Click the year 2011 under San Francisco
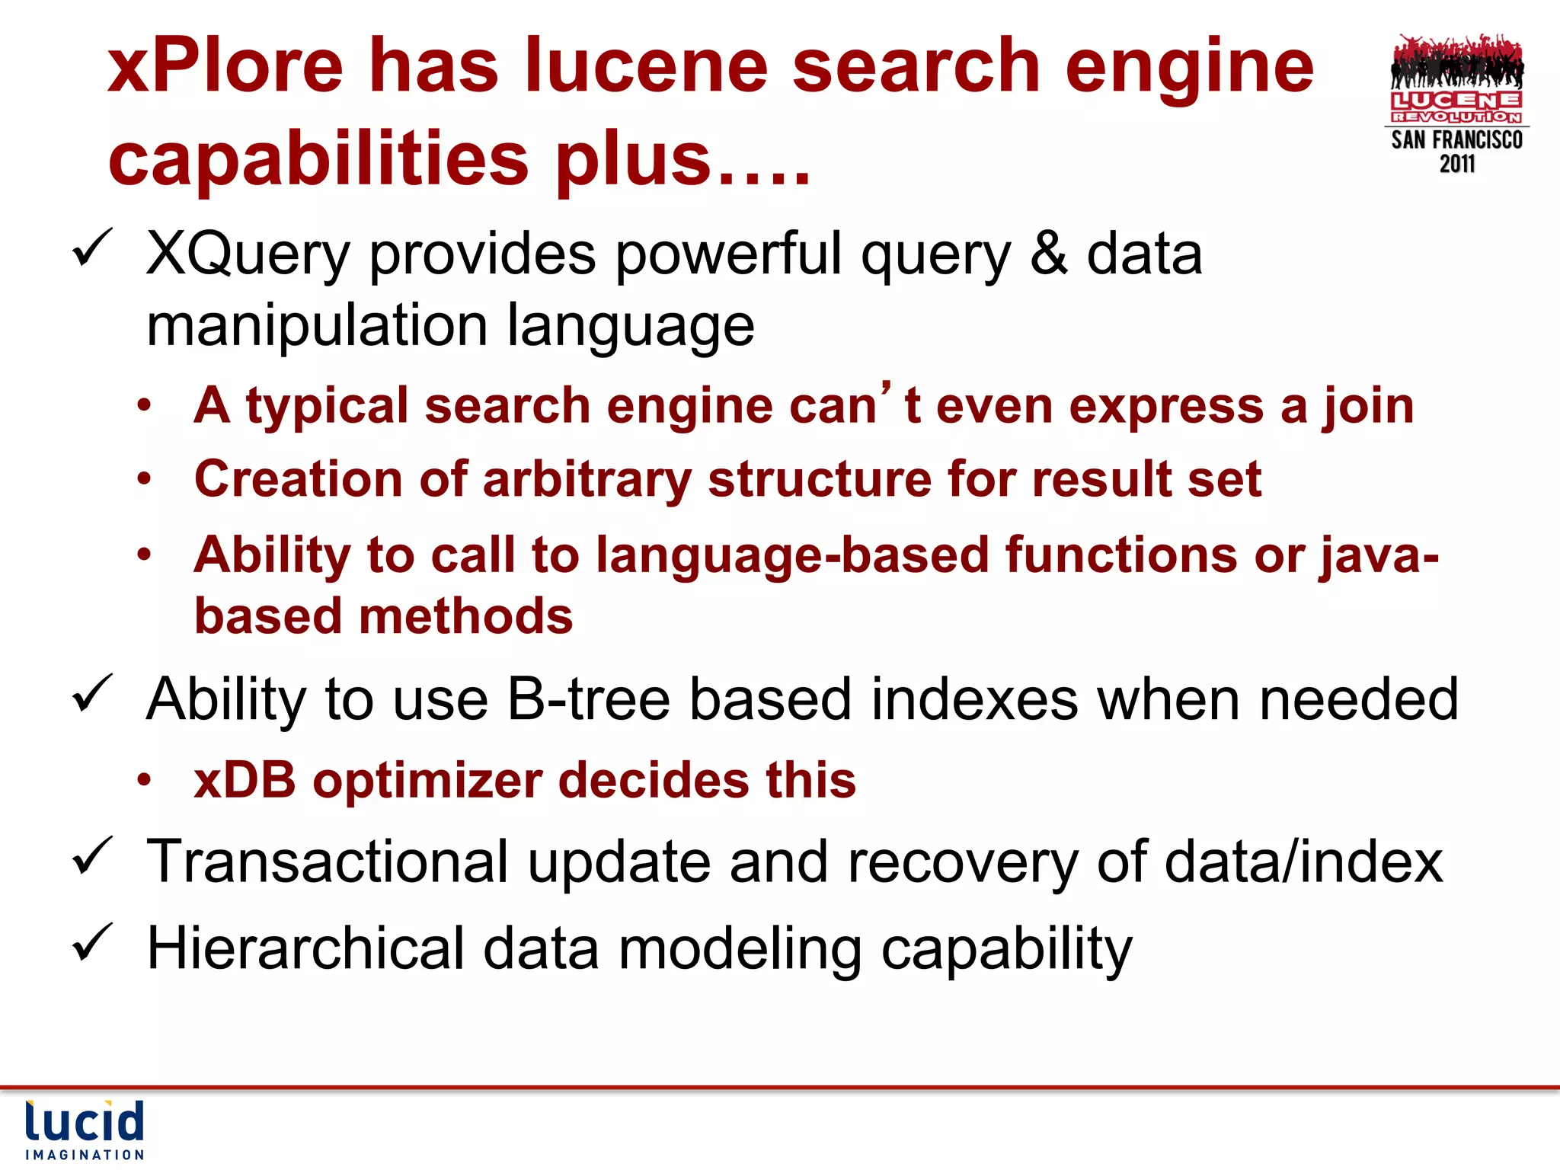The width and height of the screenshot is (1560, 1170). (1456, 164)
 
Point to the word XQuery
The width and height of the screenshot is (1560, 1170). (248, 255)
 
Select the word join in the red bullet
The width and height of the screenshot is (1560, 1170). (1367, 407)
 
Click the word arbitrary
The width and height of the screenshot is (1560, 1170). (587, 480)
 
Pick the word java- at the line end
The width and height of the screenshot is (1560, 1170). (1379, 555)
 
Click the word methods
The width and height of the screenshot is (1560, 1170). (465, 615)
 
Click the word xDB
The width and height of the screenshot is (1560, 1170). (245, 781)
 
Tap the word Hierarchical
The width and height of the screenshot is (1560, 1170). (305, 949)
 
